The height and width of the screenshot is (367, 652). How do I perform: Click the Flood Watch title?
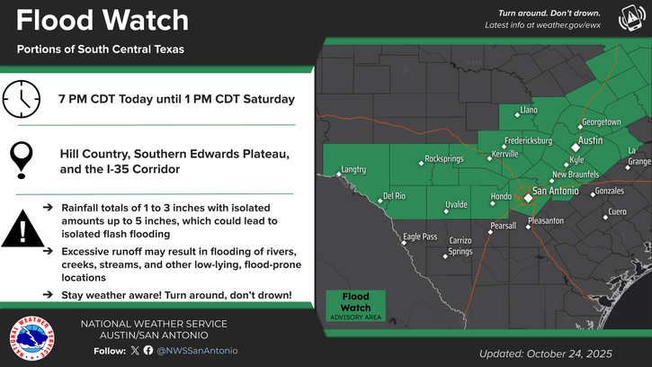(x=103, y=21)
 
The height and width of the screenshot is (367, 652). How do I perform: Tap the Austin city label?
(x=590, y=141)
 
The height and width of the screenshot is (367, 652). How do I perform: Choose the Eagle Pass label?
(x=419, y=237)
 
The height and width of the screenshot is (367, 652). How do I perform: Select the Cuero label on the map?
(x=616, y=211)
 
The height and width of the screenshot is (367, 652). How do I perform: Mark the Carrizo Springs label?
(x=460, y=246)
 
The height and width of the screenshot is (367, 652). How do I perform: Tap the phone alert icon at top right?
(x=630, y=18)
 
